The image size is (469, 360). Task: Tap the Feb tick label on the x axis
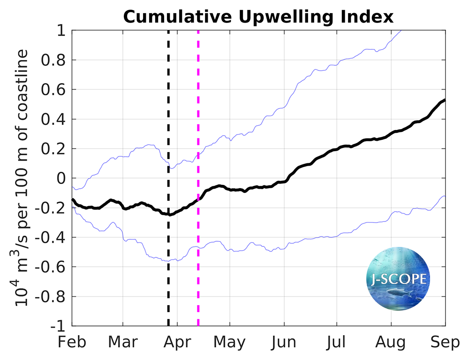(72, 342)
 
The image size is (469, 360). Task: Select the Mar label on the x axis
(122, 342)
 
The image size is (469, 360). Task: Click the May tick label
(229, 342)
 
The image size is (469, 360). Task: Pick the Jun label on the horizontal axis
(283, 342)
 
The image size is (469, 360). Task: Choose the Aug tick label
(391, 342)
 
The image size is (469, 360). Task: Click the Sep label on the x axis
(445, 342)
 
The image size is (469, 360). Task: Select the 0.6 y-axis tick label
(53, 90)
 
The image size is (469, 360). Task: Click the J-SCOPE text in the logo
(396, 280)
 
